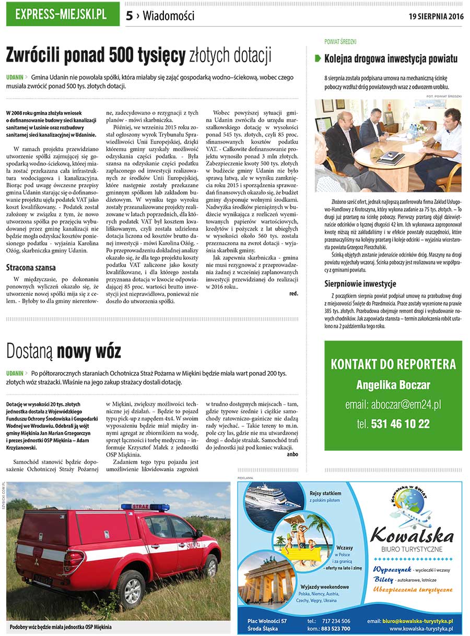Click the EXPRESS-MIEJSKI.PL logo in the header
tap(61, 15)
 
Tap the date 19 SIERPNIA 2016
tap(436, 16)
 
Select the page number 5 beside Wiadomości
tap(129, 16)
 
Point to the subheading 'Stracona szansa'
tap(32, 268)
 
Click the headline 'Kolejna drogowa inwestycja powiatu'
tap(391, 58)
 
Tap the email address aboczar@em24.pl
tap(393, 404)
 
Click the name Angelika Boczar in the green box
tap(393, 385)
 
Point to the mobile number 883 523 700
tap(336, 629)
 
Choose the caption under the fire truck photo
tap(61, 627)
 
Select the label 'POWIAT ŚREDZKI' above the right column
tap(340, 41)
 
